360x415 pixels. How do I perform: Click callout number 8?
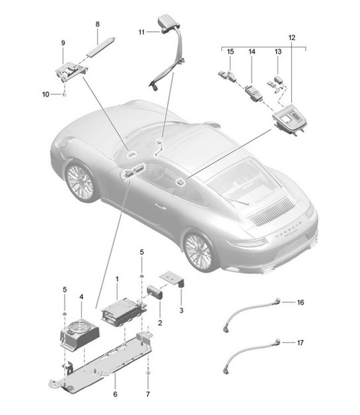97,24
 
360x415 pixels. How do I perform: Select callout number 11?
141,31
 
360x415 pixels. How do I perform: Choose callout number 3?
181,309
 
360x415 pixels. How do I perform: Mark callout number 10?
46,94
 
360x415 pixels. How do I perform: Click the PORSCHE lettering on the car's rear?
289,227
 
